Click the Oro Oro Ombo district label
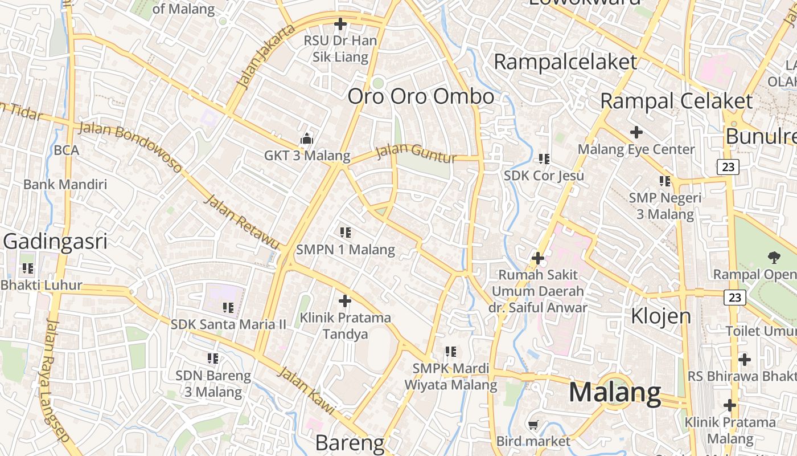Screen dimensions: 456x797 pyautogui.click(x=421, y=96)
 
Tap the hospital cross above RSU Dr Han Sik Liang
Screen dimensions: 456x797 pyautogui.click(x=340, y=24)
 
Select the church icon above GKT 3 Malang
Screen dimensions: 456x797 pyautogui.click(x=307, y=139)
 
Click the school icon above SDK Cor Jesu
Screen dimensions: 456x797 pyautogui.click(x=544, y=158)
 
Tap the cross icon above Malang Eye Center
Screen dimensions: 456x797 pyautogui.click(x=636, y=132)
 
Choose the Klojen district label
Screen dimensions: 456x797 pyautogui.click(x=661, y=315)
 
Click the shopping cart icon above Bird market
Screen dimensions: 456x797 pyautogui.click(x=533, y=425)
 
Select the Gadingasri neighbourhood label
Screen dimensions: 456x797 pyautogui.click(x=55, y=242)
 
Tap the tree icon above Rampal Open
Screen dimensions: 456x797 pyautogui.click(x=774, y=257)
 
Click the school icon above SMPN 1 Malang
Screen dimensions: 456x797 pyautogui.click(x=345, y=233)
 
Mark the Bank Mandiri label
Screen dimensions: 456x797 pyautogui.click(x=65, y=184)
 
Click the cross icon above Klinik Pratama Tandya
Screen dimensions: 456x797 pyautogui.click(x=345, y=300)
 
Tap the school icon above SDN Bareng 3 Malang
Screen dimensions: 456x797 pyautogui.click(x=213, y=359)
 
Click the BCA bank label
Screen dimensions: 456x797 pyautogui.click(x=66, y=150)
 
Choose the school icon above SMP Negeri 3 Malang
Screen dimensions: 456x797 pyautogui.click(x=664, y=181)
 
